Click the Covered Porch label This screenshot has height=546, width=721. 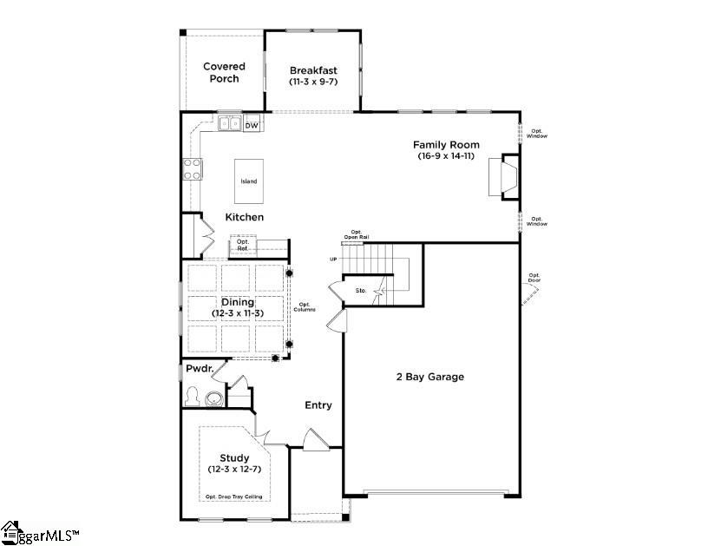click(x=225, y=72)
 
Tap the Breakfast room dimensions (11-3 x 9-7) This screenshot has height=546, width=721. click(x=313, y=82)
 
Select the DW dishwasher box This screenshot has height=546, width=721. click(x=252, y=126)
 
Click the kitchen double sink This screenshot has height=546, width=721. click(x=230, y=124)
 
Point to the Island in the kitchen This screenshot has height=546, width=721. click(x=249, y=181)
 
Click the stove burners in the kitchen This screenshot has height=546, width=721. click(x=192, y=168)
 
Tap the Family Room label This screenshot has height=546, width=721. click(x=446, y=145)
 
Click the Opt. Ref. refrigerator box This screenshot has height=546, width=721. click(x=243, y=246)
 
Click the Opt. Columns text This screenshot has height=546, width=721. click(x=305, y=306)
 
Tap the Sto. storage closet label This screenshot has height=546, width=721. click(x=361, y=290)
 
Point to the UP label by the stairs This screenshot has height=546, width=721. click(x=333, y=260)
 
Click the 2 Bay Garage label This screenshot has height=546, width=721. click(x=430, y=377)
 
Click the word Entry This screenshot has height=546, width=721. click(x=318, y=405)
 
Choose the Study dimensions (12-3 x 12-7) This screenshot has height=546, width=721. click(x=234, y=469)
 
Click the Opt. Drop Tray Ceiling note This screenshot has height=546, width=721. click(x=233, y=497)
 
